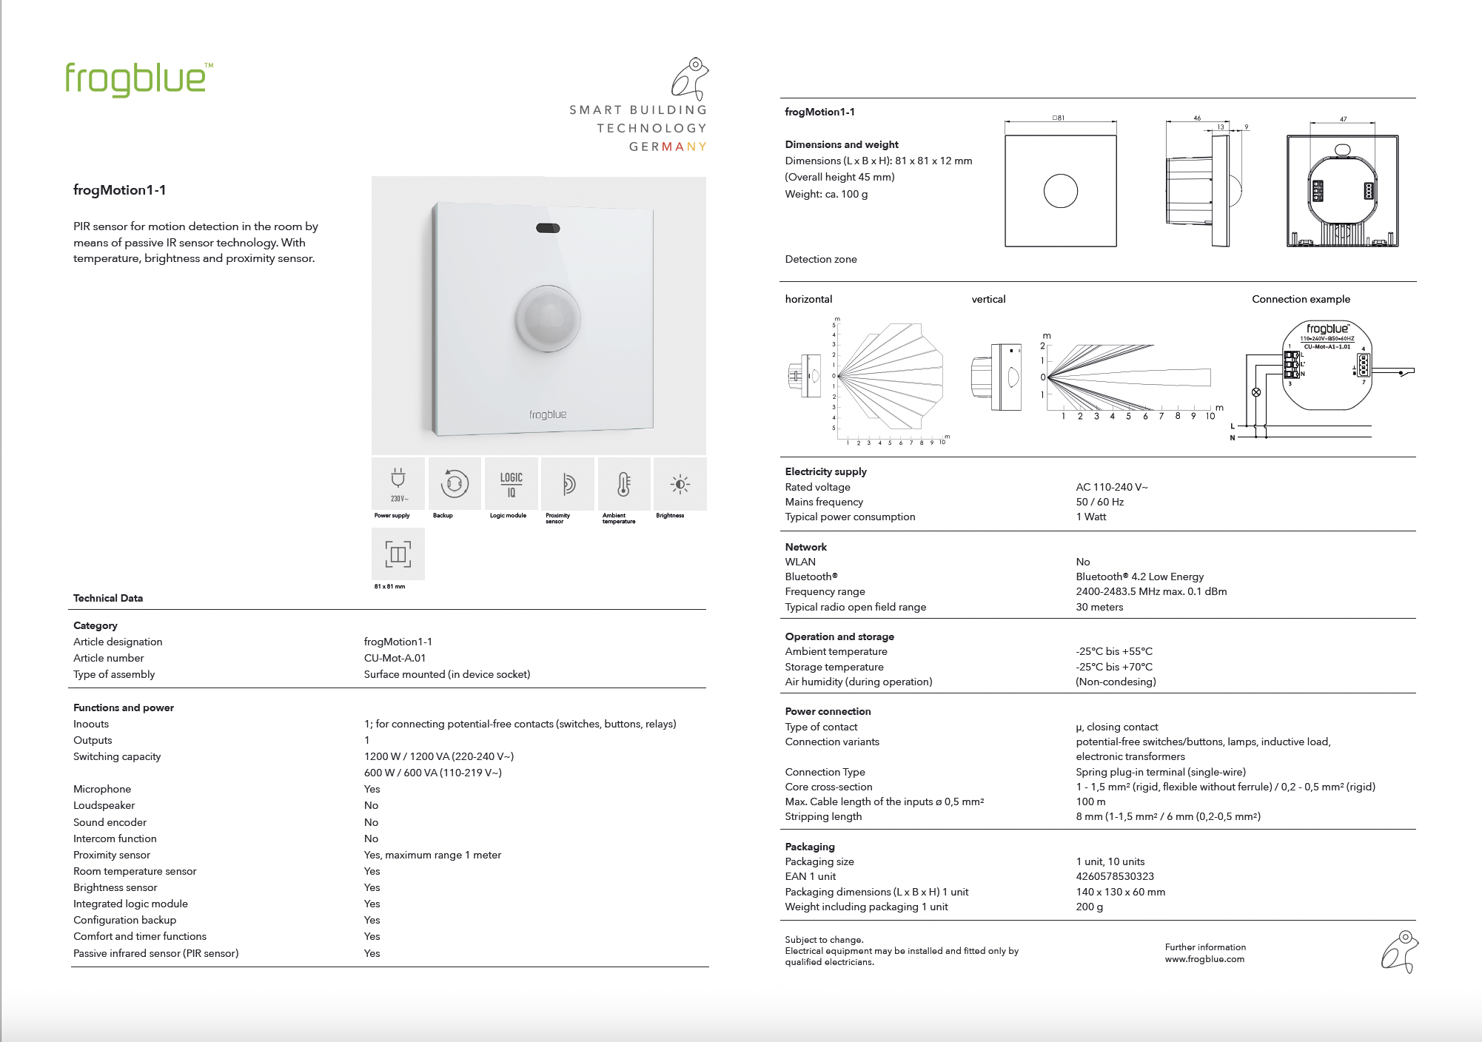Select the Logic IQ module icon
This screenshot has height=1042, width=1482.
click(x=511, y=484)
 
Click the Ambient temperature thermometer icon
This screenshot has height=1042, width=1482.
click(x=624, y=484)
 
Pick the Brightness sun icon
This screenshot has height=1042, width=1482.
click(x=680, y=484)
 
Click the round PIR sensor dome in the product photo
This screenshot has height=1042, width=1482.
click(x=548, y=318)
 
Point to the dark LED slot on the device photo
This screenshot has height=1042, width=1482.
click(x=548, y=228)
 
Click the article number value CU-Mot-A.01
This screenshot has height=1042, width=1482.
click(x=395, y=658)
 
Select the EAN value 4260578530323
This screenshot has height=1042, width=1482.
click(x=1115, y=876)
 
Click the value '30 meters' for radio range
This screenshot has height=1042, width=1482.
click(x=1099, y=607)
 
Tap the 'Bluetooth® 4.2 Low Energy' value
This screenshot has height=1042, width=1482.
click(x=1139, y=577)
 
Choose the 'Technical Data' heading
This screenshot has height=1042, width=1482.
click(x=108, y=598)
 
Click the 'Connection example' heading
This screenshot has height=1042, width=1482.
click(x=1301, y=299)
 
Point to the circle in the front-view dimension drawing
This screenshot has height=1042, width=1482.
click(x=1060, y=191)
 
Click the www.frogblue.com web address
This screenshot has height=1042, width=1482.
click(x=1204, y=959)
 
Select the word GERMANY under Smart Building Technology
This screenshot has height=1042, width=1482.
click(x=668, y=147)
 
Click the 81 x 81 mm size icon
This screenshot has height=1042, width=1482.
click(x=398, y=554)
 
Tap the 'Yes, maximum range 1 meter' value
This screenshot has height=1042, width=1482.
click(x=432, y=855)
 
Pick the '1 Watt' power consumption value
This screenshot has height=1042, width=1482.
click(x=1091, y=517)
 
